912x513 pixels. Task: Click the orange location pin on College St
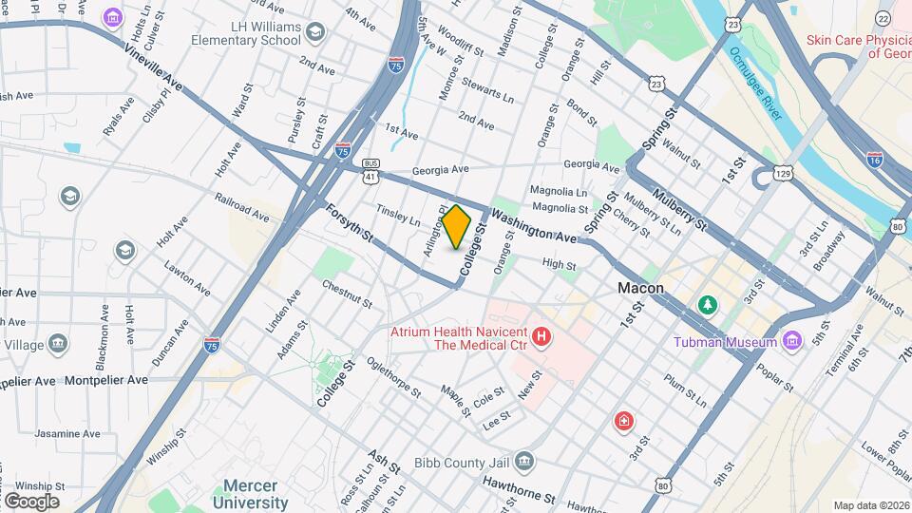coord(457,226)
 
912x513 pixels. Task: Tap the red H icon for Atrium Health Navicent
coord(541,337)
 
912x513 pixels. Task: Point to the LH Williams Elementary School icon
coord(315,33)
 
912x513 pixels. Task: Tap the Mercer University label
coord(250,493)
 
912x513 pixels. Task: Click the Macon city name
coord(640,288)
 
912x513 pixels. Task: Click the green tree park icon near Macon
coord(706,305)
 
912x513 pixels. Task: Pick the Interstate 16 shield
coord(874,161)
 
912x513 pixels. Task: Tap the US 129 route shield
coord(783,173)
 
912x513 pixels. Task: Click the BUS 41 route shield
coord(370,170)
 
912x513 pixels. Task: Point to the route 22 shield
coord(883,18)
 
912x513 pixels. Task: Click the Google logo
coord(30,501)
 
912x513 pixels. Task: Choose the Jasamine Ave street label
coord(66,433)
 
